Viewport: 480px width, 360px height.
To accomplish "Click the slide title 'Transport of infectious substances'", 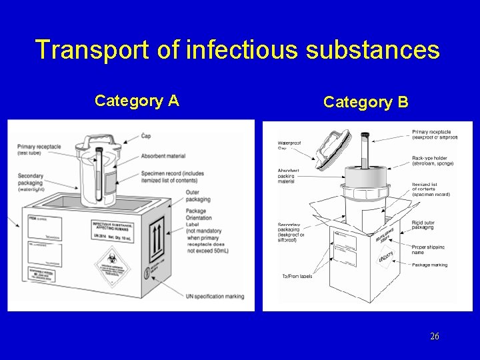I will coord(237,51).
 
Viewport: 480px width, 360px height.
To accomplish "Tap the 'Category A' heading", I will coord(137,101).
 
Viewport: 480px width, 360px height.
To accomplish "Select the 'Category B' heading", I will coord(366,102).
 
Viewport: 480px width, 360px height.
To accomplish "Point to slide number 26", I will coord(434,337).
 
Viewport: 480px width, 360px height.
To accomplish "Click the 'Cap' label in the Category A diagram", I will coord(146,136).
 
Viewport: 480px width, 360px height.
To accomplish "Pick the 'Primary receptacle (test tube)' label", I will coord(39,150).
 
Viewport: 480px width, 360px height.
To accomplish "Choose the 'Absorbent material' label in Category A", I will coord(163,156).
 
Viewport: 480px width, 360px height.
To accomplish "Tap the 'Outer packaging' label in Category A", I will coord(197,196).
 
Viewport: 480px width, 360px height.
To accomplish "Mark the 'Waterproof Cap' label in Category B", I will coord(289,145).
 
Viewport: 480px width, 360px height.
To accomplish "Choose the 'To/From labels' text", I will coord(296,276).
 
